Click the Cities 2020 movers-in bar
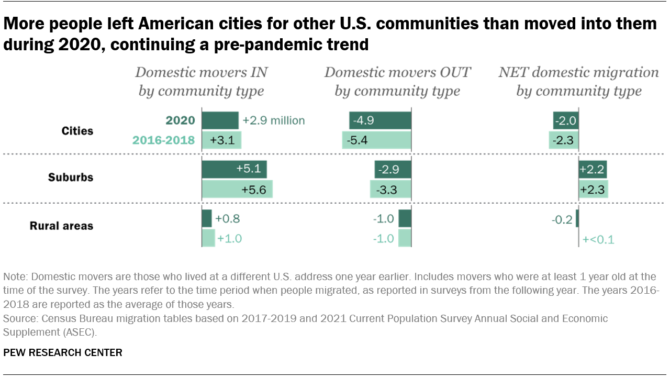point(220,120)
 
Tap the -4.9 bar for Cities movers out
point(380,120)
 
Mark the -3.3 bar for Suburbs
point(390,190)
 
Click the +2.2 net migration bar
point(593,169)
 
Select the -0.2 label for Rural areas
point(562,219)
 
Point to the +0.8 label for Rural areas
point(227,219)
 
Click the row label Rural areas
point(61,226)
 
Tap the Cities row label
point(77,130)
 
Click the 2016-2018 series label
point(164,140)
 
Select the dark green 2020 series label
point(180,120)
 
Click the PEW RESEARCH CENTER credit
point(63,352)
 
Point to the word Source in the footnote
point(17,318)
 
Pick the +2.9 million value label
point(273,120)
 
